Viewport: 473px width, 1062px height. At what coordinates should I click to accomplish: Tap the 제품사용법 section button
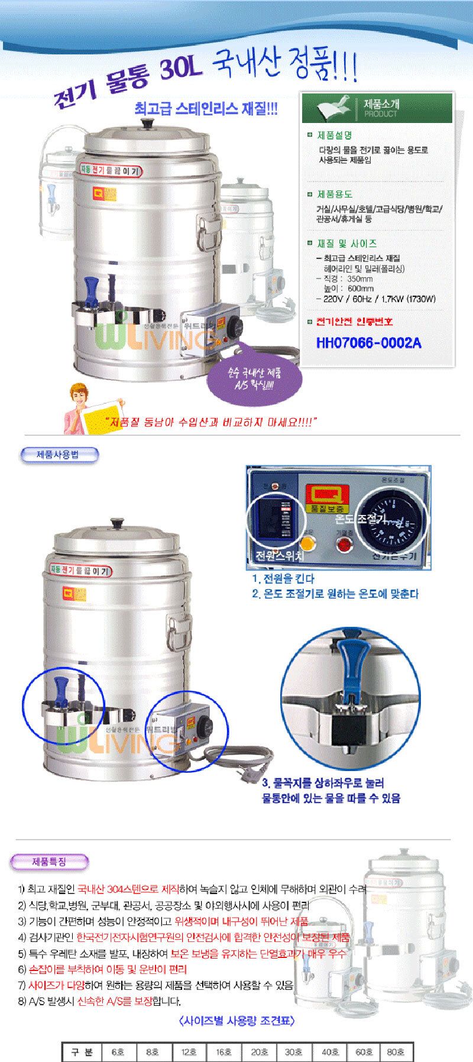pos(59,455)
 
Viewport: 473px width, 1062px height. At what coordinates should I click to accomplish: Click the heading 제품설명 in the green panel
pos(338,135)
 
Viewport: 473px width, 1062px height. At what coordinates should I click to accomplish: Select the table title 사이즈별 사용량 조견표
pos(235,1021)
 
